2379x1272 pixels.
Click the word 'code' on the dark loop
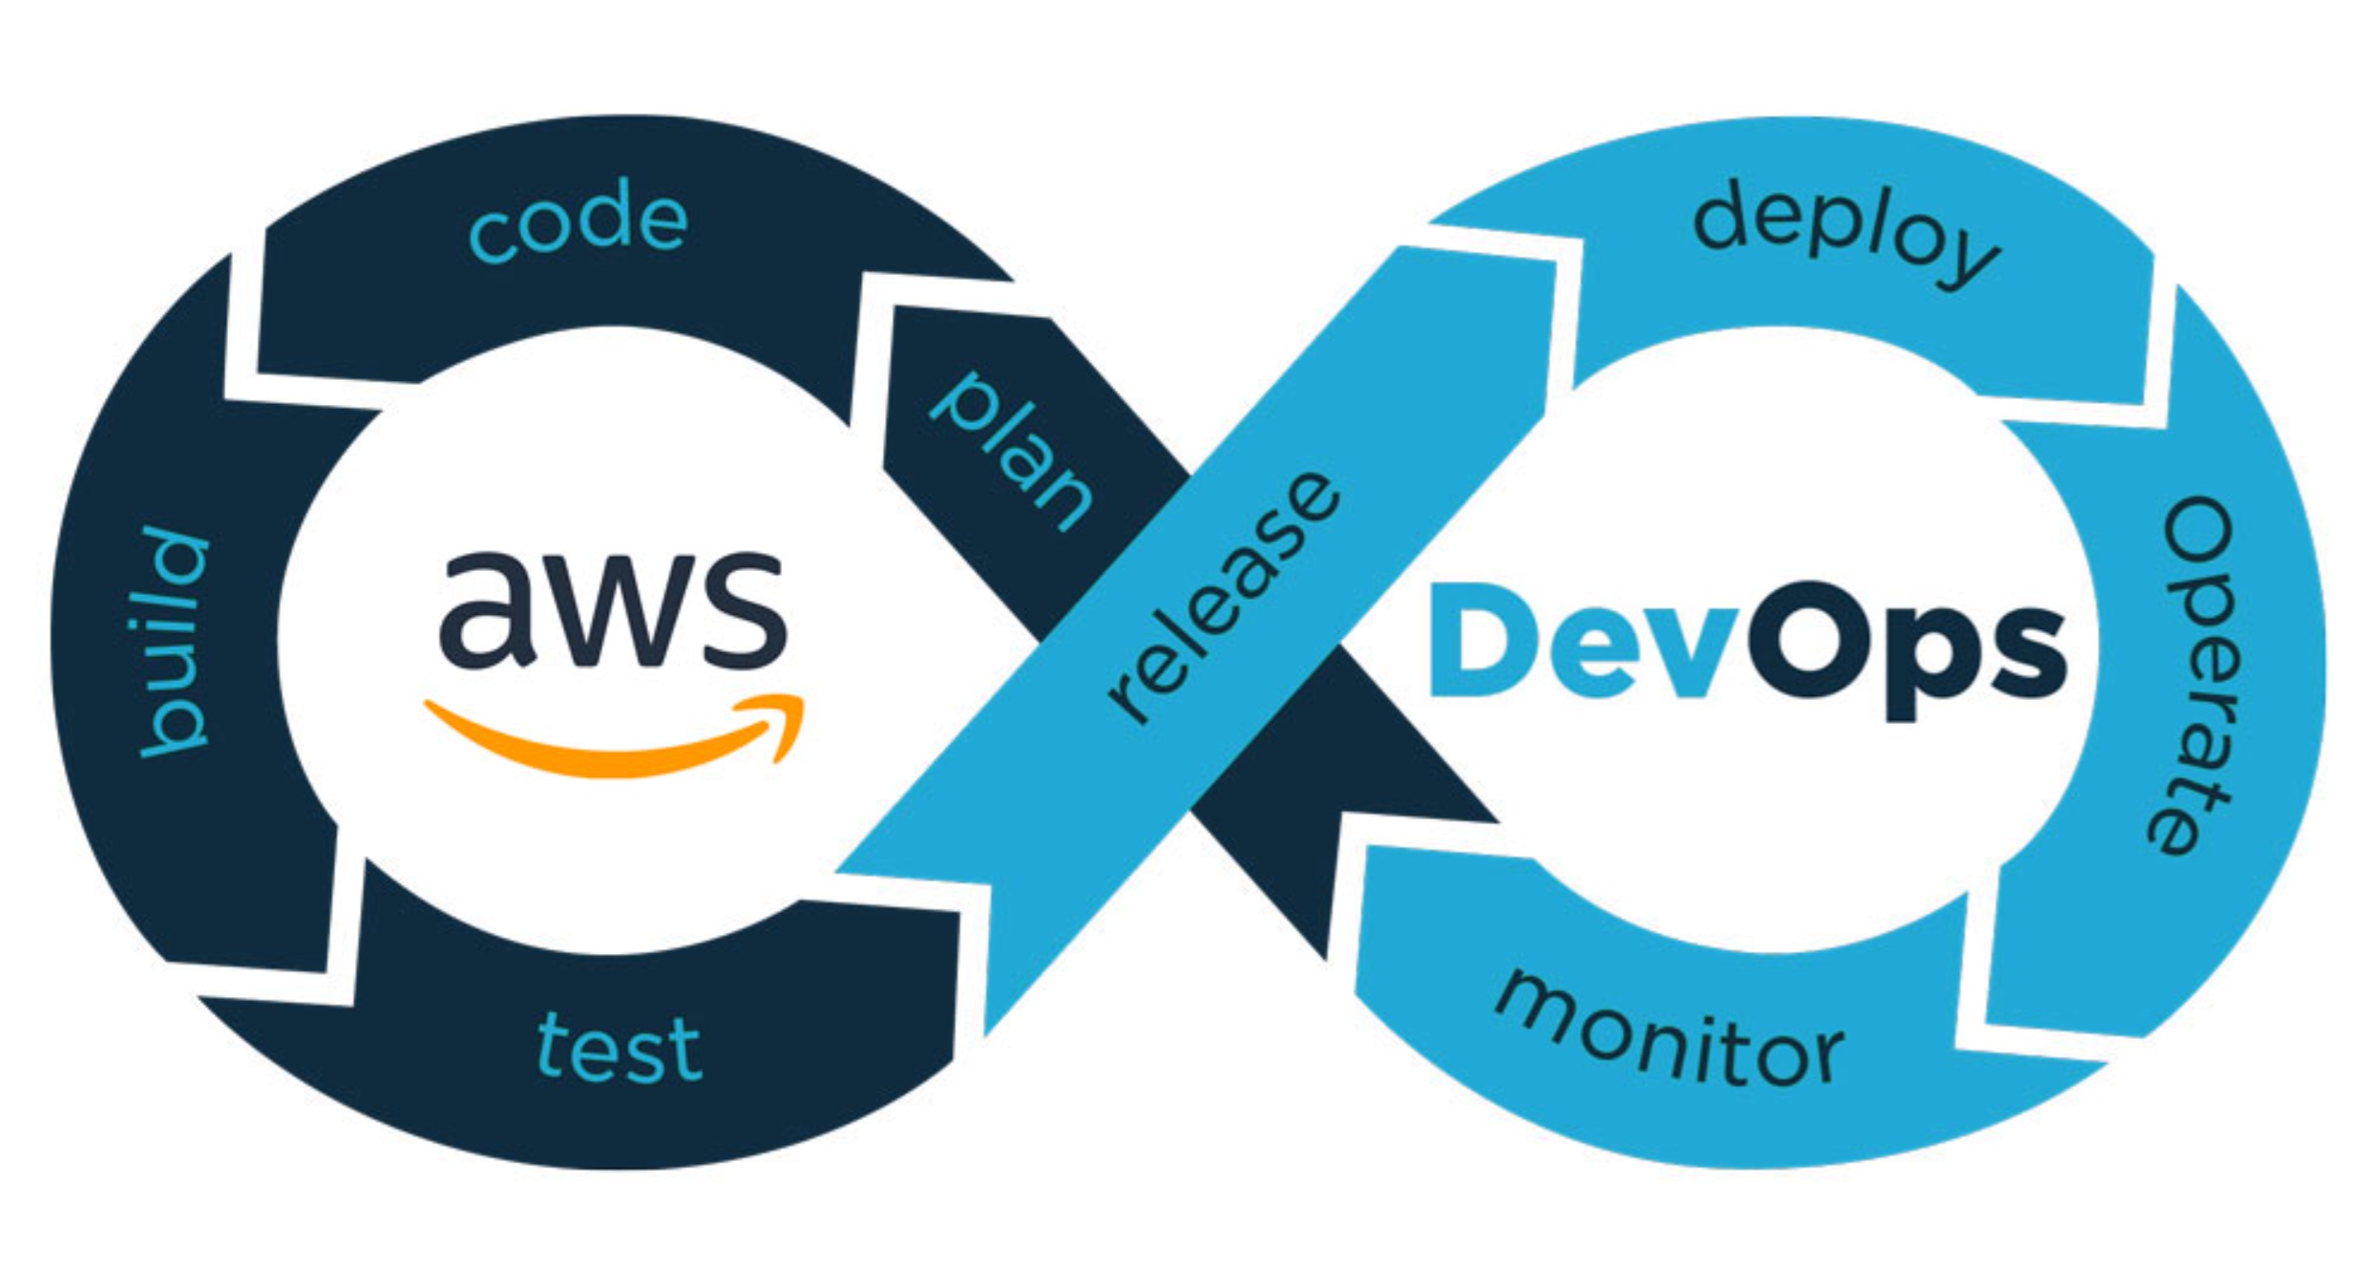[579, 222]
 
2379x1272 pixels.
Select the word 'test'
[620, 1049]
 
